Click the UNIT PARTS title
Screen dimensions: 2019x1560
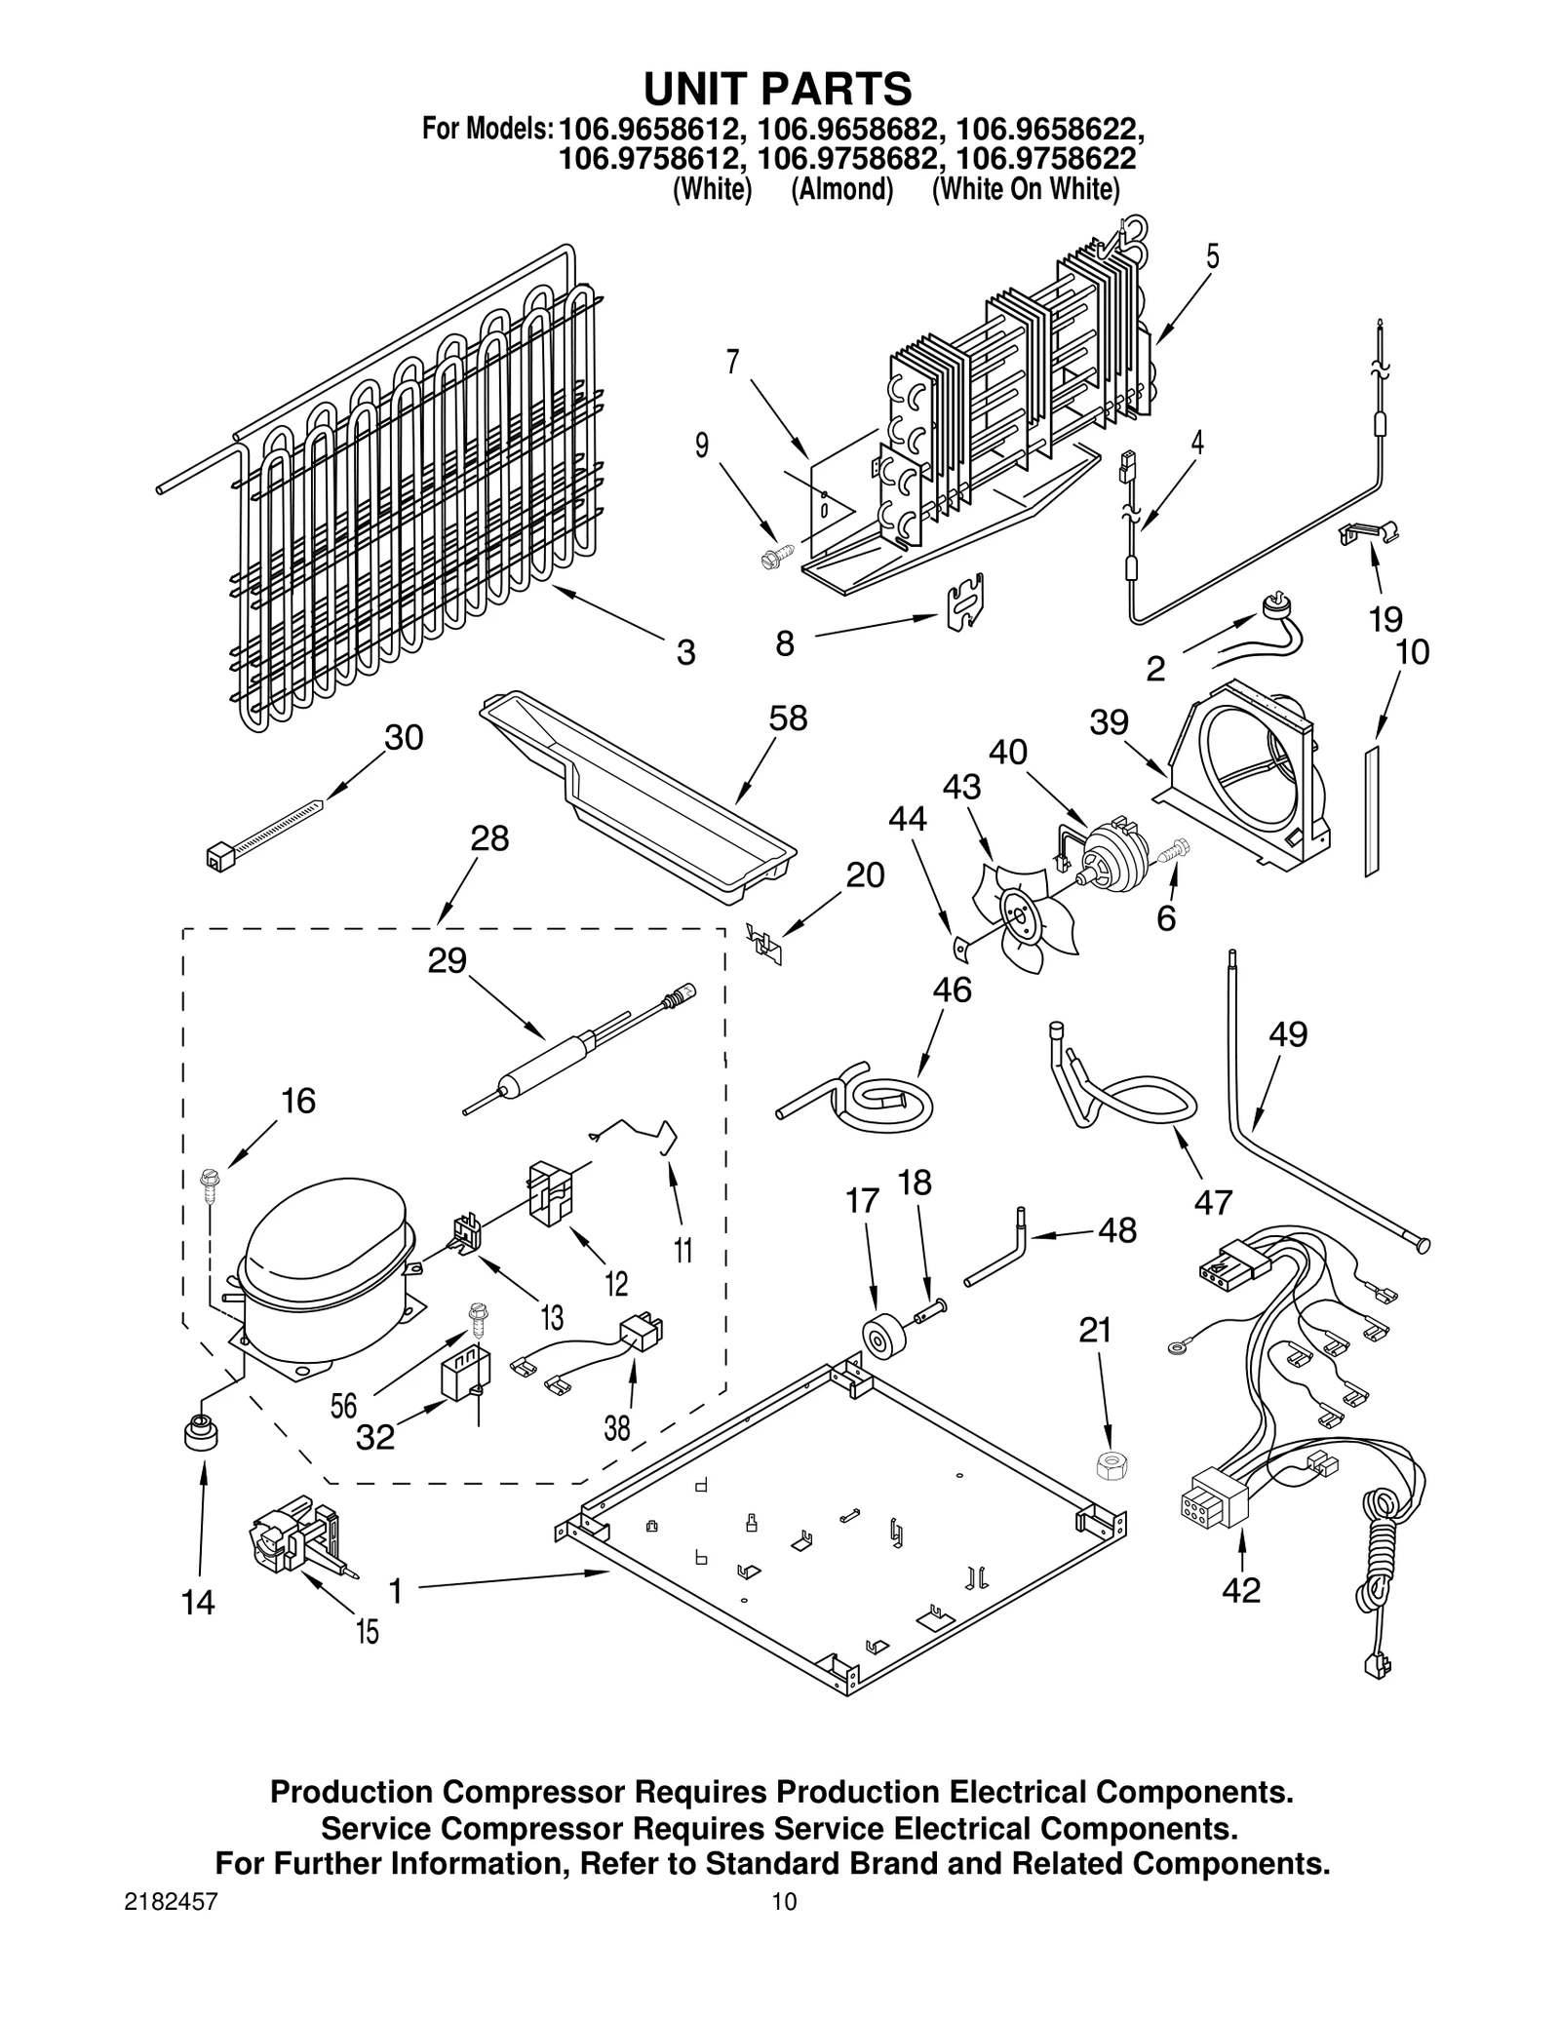(x=777, y=90)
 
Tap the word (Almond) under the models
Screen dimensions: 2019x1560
(x=841, y=189)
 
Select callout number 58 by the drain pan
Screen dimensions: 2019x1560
(x=787, y=718)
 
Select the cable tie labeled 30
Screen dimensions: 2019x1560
(x=263, y=829)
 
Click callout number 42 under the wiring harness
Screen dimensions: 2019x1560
(x=1240, y=1590)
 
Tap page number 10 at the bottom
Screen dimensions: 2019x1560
(x=783, y=1902)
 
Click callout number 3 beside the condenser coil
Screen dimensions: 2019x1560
(x=685, y=652)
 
